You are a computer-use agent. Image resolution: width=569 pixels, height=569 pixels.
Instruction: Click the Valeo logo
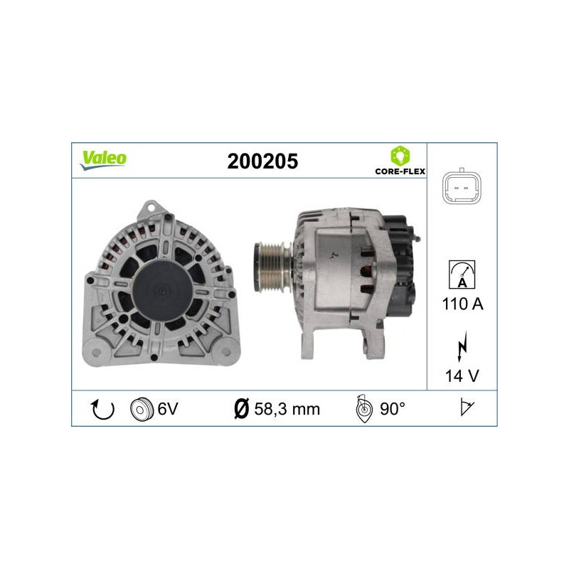click(x=103, y=160)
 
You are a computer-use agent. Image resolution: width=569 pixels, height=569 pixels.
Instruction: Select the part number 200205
click(x=262, y=161)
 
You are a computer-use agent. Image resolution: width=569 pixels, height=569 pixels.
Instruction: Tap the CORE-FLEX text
click(x=400, y=171)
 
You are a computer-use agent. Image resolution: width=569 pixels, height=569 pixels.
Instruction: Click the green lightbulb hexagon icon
click(x=400, y=156)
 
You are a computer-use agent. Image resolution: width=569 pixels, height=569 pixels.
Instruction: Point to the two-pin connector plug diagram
click(x=462, y=187)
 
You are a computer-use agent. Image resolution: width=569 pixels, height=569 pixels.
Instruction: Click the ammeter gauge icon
click(x=462, y=275)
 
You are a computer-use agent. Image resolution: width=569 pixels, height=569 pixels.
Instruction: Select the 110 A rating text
click(x=463, y=304)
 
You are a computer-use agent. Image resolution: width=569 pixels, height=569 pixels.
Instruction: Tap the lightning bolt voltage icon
click(x=462, y=347)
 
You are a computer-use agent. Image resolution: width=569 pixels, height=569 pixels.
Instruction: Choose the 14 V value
click(x=462, y=376)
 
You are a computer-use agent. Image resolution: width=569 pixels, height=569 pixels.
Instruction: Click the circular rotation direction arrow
click(x=102, y=410)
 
